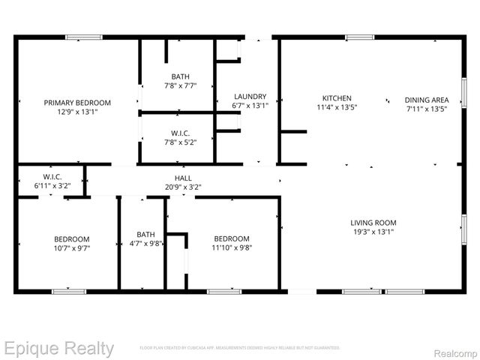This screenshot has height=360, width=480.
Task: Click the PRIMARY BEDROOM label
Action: [77, 103]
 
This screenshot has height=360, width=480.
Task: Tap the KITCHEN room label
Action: [337, 98]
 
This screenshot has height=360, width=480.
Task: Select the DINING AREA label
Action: [427, 100]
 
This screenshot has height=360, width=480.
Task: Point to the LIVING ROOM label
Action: [373, 223]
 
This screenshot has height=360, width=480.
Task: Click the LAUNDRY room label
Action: [250, 97]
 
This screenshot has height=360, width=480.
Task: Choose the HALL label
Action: [183, 178]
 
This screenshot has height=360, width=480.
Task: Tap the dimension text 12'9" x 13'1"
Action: [77, 112]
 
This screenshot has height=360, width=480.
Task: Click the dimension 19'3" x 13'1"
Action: [373, 232]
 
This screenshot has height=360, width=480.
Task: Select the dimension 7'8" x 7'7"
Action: [180, 85]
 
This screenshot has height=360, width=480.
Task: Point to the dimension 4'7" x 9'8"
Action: [145, 243]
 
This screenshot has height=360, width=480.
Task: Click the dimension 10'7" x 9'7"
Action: [72, 248]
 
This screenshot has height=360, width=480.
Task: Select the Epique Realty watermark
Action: [58, 349]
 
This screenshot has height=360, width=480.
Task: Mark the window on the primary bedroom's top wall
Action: [84, 37]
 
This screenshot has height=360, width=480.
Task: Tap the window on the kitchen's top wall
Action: [359, 37]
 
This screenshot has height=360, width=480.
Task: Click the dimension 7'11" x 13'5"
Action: [427, 109]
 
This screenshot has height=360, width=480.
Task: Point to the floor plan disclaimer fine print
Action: [239, 348]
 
